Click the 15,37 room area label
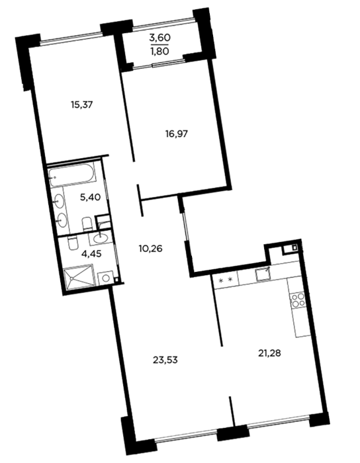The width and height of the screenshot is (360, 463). pos(82,105)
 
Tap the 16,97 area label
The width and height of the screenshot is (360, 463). pos(176,134)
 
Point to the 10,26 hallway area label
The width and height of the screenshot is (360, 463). pos(151,249)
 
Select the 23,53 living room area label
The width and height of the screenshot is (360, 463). pos(165,360)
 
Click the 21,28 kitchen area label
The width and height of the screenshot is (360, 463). pos(269,353)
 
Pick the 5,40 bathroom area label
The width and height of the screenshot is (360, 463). pos(91,197)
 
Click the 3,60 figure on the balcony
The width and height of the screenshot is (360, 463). pos(160,38)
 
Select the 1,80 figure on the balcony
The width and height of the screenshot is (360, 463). pos(159,51)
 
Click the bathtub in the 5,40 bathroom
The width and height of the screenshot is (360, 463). pos(72,175)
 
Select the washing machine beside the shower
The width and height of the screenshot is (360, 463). pos(106,278)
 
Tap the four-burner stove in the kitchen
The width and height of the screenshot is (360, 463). pos(297,300)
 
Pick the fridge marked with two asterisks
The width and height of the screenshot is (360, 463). pos(226,280)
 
